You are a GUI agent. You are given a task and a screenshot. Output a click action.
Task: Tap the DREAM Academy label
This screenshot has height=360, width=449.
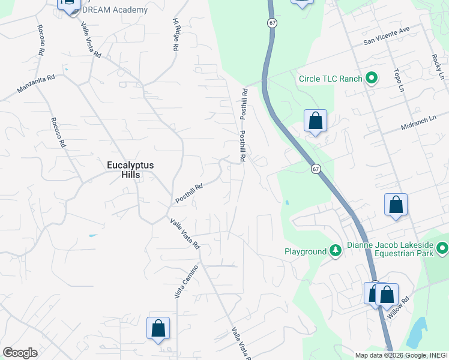[115, 10]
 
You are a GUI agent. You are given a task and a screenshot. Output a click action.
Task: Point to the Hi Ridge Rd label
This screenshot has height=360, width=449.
[176, 35]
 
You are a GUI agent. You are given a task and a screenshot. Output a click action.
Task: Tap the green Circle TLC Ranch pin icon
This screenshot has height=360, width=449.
[372, 79]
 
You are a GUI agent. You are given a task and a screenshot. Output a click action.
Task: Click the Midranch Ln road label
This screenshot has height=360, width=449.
[420, 124]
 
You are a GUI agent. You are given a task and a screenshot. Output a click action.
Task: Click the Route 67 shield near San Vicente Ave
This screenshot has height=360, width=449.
[273, 23]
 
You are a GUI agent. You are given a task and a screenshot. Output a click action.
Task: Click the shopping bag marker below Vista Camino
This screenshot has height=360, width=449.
[158, 328]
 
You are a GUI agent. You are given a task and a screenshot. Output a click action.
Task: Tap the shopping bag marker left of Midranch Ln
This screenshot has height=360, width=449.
[315, 121]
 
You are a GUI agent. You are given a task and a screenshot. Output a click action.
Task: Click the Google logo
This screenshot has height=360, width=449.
[20, 353]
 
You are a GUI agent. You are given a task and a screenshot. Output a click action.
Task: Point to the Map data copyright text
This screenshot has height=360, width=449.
[400, 355]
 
